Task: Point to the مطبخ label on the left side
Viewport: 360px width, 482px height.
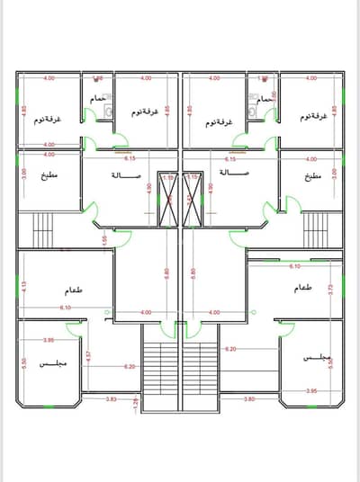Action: (x=49, y=176)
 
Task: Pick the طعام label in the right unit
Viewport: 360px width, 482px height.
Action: (x=302, y=289)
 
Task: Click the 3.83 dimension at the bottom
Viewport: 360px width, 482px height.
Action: (x=111, y=397)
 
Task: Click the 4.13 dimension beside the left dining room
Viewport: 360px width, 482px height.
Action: (x=24, y=288)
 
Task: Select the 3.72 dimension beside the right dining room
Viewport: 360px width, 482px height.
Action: (x=332, y=289)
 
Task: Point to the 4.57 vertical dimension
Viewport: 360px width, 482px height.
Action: (x=89, y=358)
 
